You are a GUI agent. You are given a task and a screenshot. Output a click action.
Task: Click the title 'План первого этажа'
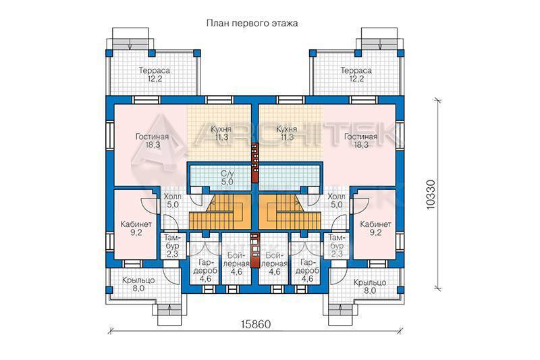click(x=252, y=24)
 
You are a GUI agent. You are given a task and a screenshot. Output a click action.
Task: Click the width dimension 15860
click(x=256, y=324)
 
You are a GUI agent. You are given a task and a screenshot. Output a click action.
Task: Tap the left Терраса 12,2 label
click(x=155, y=74)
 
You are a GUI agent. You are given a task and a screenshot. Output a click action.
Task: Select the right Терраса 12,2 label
click(x=356, y=74)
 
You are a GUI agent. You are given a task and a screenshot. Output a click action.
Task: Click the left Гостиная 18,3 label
click(x=153, y=140)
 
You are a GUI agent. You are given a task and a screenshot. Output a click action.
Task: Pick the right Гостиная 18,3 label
click(x=361, y=140)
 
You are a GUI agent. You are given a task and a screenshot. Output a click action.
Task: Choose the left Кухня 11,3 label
click(x=221, y=133)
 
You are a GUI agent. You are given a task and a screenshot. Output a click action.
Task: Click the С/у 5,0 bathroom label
click(x=227, y=178)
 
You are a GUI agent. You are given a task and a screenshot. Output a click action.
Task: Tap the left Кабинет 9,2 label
click(x=136, y=228)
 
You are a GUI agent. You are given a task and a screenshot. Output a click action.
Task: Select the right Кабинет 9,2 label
click(x=376, y=228)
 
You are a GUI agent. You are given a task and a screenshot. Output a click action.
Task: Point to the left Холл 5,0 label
click(x=173, y=201)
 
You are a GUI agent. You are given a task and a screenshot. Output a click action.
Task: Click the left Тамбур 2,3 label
click(x=171, y=246)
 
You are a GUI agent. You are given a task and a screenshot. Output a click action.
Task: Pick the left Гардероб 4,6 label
click(x=205, y=270)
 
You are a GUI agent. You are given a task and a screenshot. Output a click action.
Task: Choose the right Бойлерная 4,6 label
click(x=274, y=263)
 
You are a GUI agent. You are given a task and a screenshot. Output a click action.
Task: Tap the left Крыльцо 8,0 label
click(x=138, y=284)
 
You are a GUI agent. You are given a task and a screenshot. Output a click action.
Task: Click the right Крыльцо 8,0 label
click(x=370, y=286)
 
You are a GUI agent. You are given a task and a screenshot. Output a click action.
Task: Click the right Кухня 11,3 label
click(x=286, y=133)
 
